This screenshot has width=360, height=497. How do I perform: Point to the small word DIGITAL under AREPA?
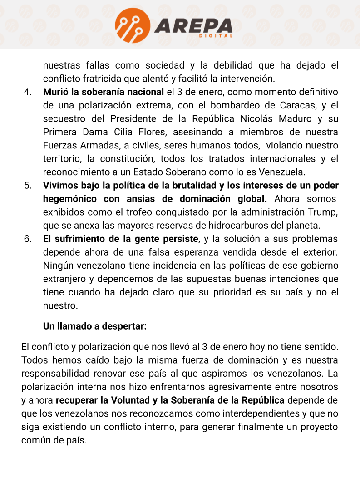216,36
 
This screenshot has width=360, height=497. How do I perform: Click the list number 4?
28,92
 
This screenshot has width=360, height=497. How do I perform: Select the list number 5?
28,186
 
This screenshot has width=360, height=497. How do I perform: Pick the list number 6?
28,239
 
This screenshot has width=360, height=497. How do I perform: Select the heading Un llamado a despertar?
95,326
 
